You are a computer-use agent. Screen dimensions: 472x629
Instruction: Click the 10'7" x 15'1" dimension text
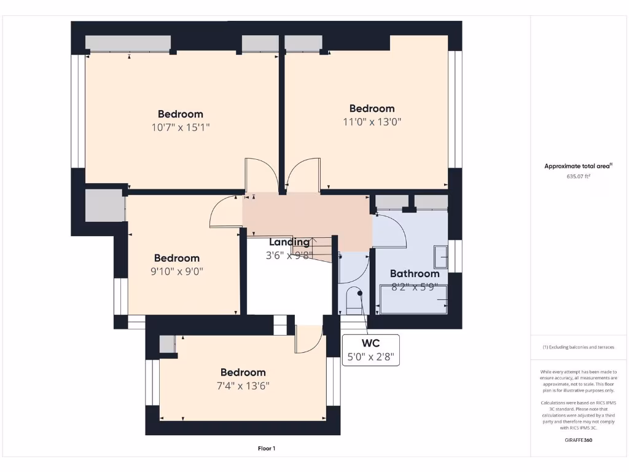180,127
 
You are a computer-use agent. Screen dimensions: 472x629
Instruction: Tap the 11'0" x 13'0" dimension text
372,122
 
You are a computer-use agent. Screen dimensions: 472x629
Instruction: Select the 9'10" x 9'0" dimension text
176,271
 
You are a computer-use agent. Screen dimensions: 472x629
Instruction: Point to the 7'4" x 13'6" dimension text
243,385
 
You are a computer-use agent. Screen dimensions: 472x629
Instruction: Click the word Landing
289,242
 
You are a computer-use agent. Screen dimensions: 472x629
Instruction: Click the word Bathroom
415,273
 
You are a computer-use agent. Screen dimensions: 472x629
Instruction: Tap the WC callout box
371,350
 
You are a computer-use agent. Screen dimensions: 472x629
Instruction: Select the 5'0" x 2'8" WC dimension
371,356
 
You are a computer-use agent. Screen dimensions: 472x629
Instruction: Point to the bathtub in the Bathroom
413,299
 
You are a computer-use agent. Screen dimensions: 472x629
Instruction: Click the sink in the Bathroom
441,257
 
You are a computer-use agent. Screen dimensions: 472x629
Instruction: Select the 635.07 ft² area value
578,176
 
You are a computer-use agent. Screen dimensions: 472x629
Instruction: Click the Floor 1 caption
267,449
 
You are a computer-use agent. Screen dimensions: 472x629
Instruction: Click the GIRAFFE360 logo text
578,440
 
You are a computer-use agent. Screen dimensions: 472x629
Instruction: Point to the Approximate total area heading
578,166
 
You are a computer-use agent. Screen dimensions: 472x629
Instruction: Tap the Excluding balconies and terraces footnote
578,347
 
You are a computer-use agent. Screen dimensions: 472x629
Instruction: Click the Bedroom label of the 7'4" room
243,372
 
